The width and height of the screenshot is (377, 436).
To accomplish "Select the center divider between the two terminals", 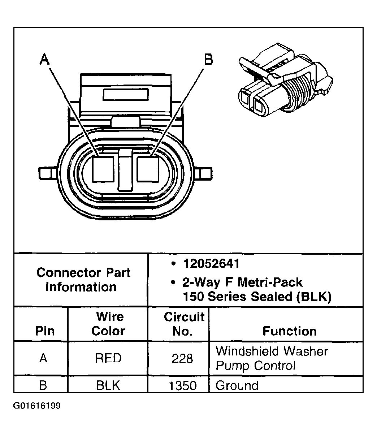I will click(125, 170).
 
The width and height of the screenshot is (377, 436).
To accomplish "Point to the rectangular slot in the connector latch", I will click(126, 95).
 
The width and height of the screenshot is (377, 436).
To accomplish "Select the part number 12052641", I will click(211, 264).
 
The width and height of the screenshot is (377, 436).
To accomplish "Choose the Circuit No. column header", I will click(183, 324).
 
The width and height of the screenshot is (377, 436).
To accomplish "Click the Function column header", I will click(289, 331).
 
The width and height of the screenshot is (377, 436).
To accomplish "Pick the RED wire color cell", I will click(108, 358).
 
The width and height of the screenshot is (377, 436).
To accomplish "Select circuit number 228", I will click(183, 359).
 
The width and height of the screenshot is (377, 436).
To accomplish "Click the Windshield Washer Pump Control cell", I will click(272, 358).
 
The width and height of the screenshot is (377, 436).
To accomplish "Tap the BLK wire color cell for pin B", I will click(108, 385).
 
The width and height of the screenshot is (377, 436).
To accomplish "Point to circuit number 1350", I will click(183, 386).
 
